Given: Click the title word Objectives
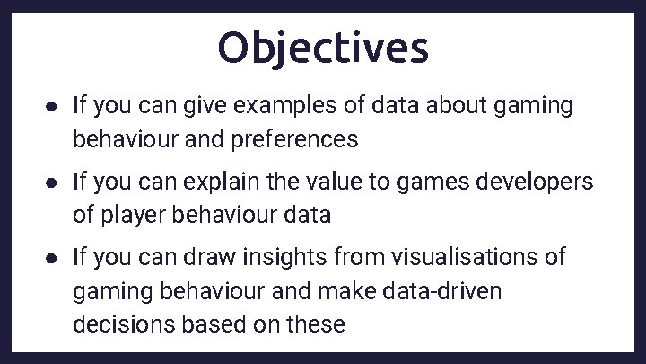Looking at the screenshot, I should coord(323,48).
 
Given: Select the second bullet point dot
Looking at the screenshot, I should coord(53,182).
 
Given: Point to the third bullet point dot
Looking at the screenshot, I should coord(53,258).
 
